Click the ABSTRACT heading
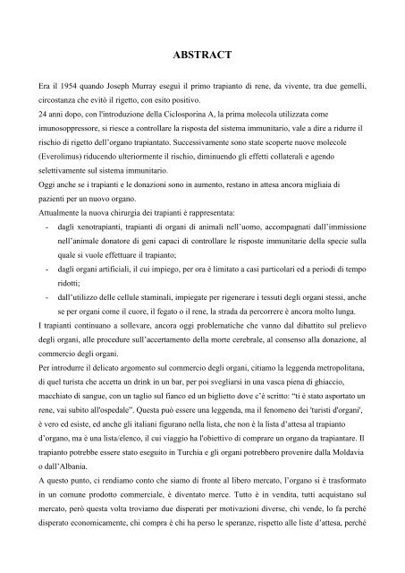click(202, 55)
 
